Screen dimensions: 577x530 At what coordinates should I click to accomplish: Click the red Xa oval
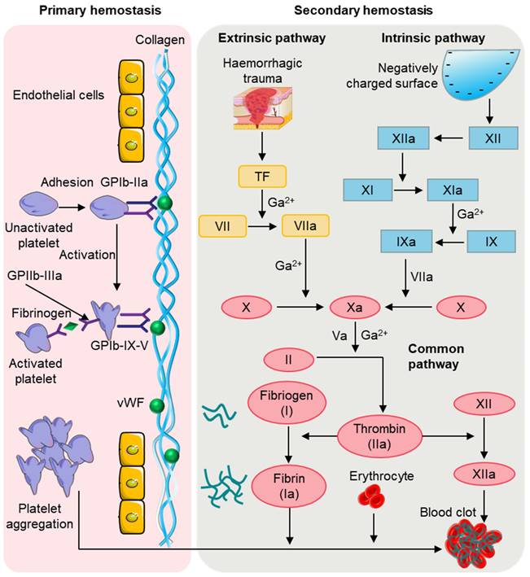(x=356, y=308)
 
